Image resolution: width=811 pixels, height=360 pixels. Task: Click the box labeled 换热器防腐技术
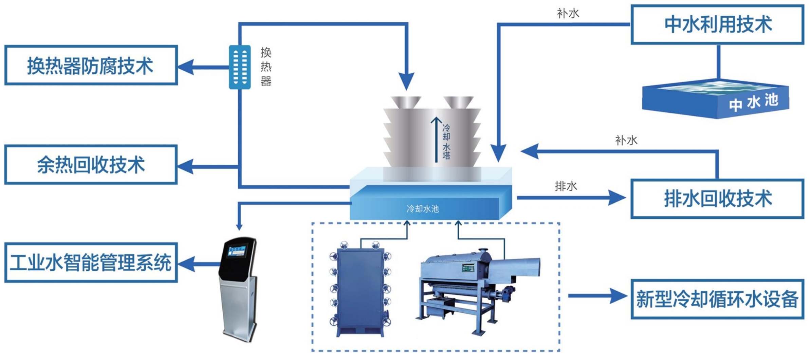click(91, 65)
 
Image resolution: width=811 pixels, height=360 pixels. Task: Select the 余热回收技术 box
click(91, 165)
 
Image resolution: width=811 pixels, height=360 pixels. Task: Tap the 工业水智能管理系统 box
click(91, 263)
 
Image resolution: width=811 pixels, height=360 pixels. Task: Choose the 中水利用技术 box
click(717, 24)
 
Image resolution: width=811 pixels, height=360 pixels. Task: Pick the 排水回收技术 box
click(717, 199)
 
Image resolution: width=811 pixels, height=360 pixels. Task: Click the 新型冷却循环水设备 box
click(717, 299)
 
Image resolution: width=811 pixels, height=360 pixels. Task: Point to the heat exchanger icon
click(240, 67)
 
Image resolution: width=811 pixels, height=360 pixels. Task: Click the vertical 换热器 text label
click(266, 67)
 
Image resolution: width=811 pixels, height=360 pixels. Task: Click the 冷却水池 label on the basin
click(423, 209)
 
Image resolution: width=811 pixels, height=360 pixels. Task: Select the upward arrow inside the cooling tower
click(436, 139)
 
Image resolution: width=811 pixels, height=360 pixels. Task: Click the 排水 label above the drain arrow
click(566, 186)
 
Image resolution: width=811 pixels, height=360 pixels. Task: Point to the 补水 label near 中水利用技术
click(568, 13)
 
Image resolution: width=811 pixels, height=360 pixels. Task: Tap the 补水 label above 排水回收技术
click(626, 140)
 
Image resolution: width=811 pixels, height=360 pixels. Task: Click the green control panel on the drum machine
click(468, 269)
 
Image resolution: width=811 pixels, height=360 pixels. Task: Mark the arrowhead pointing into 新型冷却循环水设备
click(619, 296)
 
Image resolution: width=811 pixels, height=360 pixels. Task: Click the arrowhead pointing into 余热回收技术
click(186, 166)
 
